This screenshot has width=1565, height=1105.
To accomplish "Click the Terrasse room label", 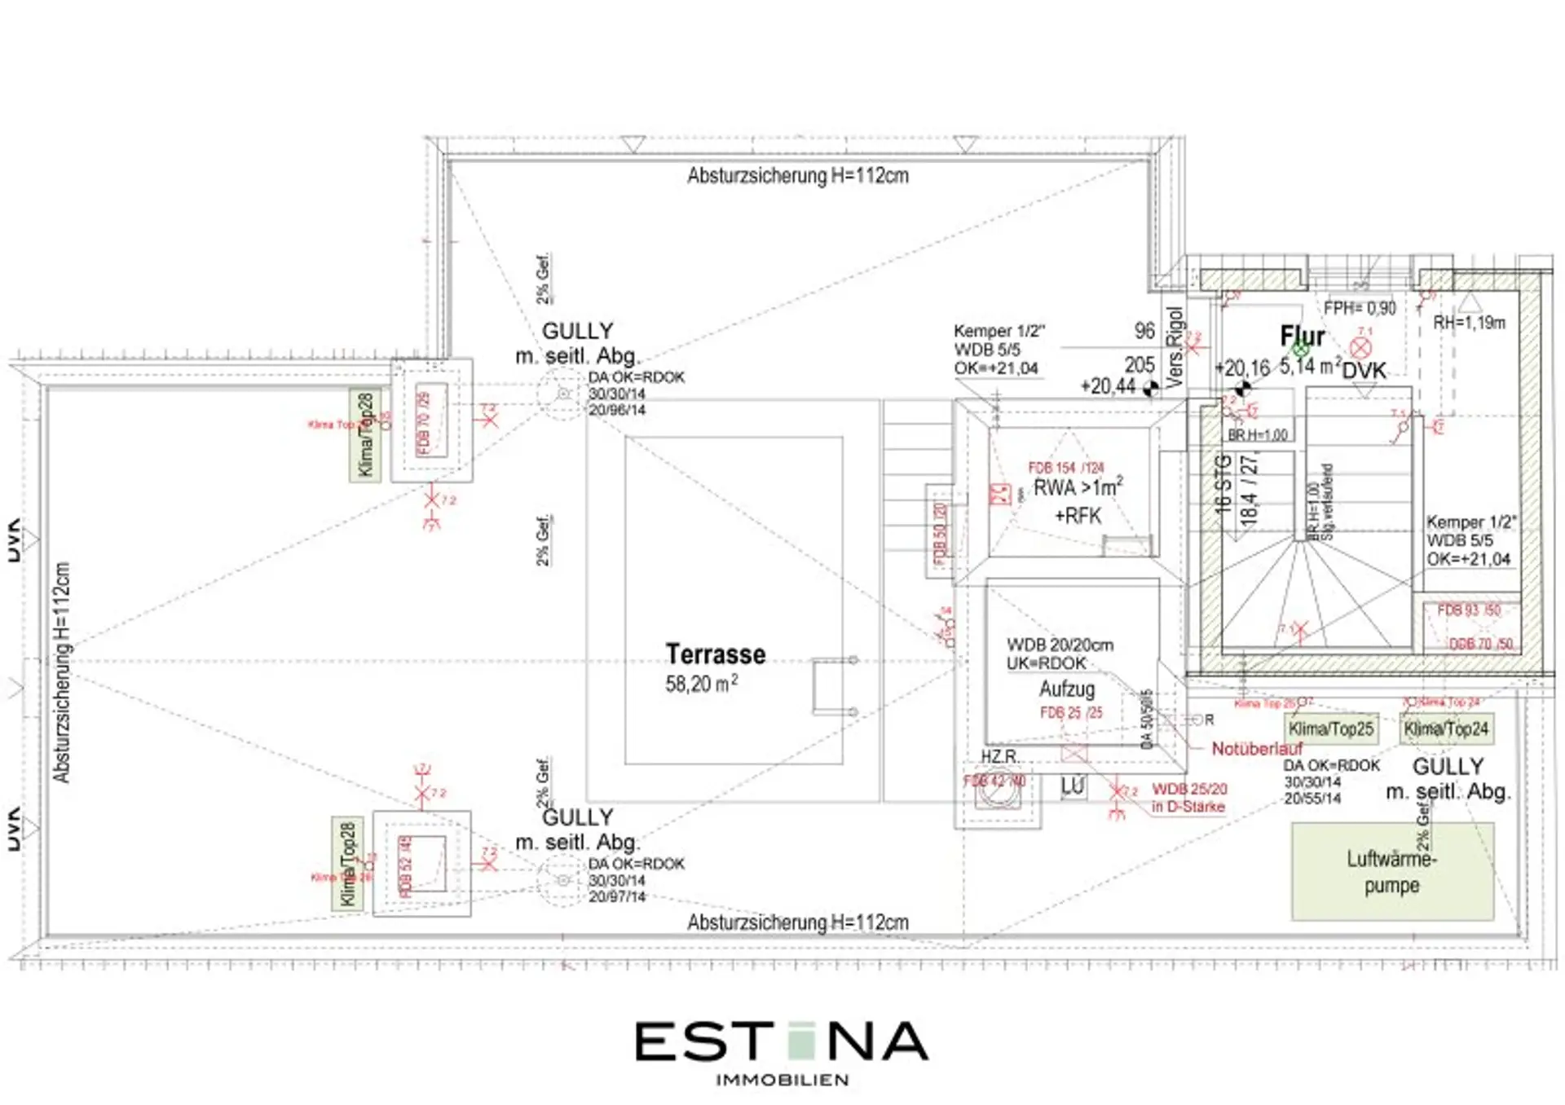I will [x=715, y=654].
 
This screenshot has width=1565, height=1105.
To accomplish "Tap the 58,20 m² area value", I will [x=701, y=684].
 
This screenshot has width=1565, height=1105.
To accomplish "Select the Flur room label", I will [x=1302, y=337].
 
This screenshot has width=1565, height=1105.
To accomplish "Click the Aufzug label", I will [x=1066, y=689].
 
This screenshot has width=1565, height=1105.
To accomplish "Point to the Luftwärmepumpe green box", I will [x=1392, y=872].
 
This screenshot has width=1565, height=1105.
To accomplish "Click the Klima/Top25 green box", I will [x=1330, y=729].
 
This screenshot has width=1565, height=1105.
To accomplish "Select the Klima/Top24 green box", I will [x=1446, y=729].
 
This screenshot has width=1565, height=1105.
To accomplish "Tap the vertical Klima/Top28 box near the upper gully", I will [x=365, y=435].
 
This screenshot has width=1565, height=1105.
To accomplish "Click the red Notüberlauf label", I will [x=1256, y=748].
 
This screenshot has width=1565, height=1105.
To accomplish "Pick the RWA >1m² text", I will [x=1078, y=487].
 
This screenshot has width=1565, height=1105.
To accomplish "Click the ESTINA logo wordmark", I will [x=781, y=1042].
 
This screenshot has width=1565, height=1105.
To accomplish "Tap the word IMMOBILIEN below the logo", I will [x=782, y=1080].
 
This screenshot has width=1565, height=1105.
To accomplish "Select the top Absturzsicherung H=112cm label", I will [x=797, y=176].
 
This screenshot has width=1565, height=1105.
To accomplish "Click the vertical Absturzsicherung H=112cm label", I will [x=62, y=672].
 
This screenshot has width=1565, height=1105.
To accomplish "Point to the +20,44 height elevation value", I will [x=1107, y=386].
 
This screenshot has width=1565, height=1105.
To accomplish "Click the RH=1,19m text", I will [x=1469, y=323].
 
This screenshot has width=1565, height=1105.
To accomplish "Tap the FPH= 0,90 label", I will [x=1359, y=308].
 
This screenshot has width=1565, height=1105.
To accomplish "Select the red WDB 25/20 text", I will [x=1188, y=789].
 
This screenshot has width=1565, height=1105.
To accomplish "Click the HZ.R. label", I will [x=999, y=756].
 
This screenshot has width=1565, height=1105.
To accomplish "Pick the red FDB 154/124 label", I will [x=1065, y=468].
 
